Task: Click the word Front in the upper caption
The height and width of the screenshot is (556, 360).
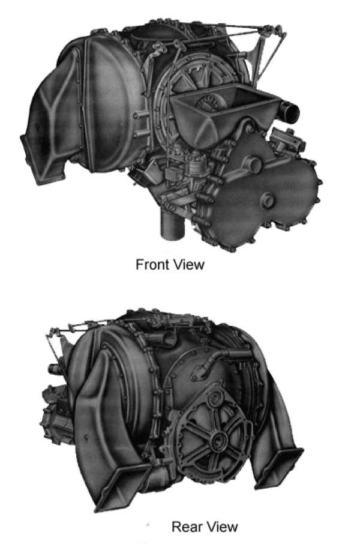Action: (x=153, y=265)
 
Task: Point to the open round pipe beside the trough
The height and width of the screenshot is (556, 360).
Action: (x=289, y=110)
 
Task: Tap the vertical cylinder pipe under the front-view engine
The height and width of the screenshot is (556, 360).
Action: (x=173, y=225)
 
